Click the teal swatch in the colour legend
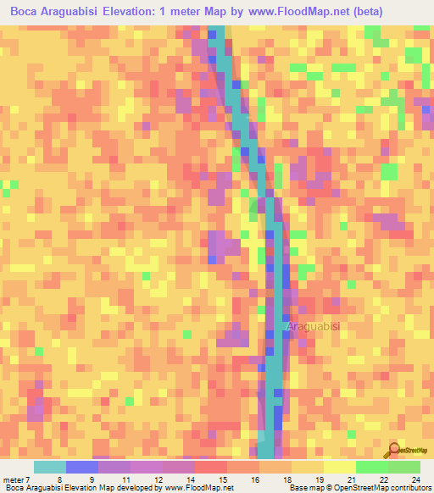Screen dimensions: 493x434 point(50,467)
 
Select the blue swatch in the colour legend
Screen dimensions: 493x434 point(82,467)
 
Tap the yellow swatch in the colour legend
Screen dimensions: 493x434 point(339,467)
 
